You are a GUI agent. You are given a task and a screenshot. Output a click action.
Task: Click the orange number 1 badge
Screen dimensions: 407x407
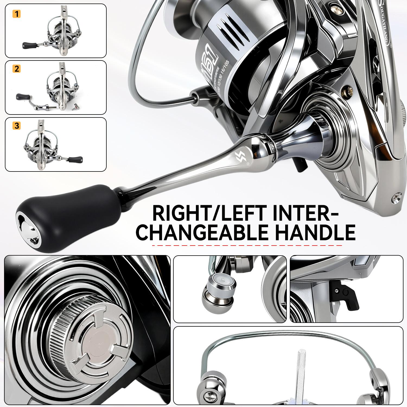click(x=17, y=14)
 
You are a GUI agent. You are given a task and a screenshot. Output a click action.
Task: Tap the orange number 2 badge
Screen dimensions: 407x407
click(x=17, y=69)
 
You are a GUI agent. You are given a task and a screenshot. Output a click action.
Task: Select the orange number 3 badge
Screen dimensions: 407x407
click(x=17, y=126)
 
